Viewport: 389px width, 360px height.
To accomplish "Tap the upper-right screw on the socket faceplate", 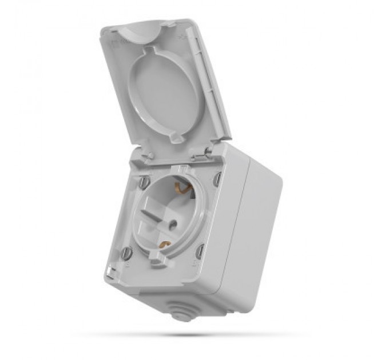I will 217,179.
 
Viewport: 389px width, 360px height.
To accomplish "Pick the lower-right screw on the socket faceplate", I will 200,251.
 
